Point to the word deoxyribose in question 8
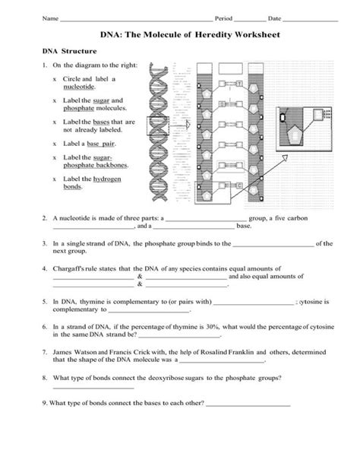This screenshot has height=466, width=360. pos(169,378)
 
